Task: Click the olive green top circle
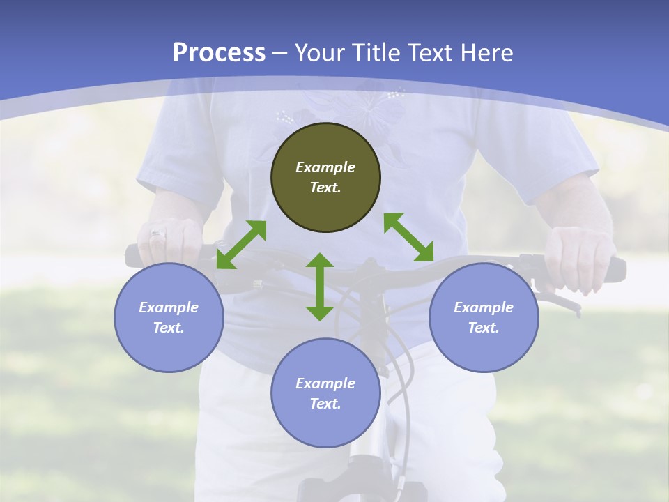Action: pos(325,177)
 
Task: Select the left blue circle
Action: pos(169,317)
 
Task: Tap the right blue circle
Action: pos(484,317)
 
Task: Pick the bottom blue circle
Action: pos(325,393)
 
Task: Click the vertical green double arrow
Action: pos(320,287)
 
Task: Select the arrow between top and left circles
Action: pos(241,244)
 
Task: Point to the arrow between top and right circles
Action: pos(408,237)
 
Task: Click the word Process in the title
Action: pos(219,53)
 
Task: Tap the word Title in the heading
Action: pos(376,53)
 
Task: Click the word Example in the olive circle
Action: pos(325,167)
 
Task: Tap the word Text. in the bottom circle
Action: pos(325,404)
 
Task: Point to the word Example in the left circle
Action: pos(169,307)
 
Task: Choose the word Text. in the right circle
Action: pos(484,328)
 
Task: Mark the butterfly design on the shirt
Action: pos(376,105)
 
